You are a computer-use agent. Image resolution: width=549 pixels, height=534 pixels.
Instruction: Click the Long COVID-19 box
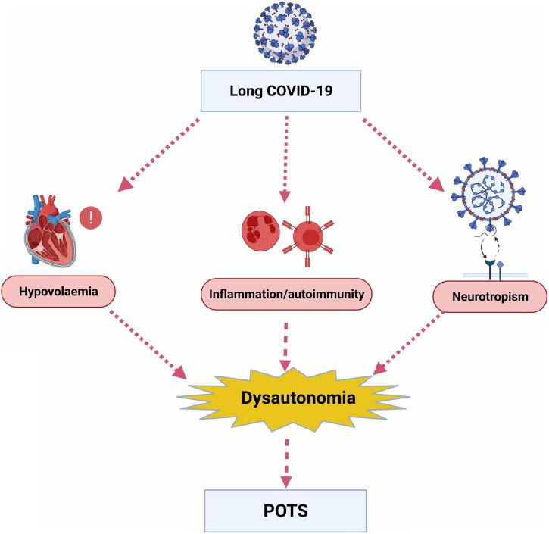281,91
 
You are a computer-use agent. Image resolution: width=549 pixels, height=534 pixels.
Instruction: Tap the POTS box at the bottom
285,511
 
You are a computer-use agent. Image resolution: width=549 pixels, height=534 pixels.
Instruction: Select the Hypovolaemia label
58,292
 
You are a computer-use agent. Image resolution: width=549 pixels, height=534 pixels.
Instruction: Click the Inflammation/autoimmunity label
286,294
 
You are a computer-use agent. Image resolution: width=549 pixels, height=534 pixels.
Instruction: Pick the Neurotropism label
490,297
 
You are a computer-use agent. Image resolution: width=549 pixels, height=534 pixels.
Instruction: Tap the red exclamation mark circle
91,218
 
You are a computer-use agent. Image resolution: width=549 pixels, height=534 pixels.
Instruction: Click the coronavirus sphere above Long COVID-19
285,33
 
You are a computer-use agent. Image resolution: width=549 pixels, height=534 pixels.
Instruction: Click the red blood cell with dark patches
260,230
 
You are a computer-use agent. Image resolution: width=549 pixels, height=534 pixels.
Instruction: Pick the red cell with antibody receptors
307,237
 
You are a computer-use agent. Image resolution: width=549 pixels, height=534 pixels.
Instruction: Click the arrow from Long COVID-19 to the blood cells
285,159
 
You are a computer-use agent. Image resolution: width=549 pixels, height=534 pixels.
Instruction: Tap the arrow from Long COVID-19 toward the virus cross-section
403,155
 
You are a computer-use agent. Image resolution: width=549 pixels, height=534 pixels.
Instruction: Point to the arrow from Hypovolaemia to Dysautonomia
148,345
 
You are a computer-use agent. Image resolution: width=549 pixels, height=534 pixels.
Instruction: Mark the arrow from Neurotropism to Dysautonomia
408,343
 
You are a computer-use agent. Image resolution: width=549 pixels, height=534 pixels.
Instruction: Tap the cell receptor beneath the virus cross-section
494,270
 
